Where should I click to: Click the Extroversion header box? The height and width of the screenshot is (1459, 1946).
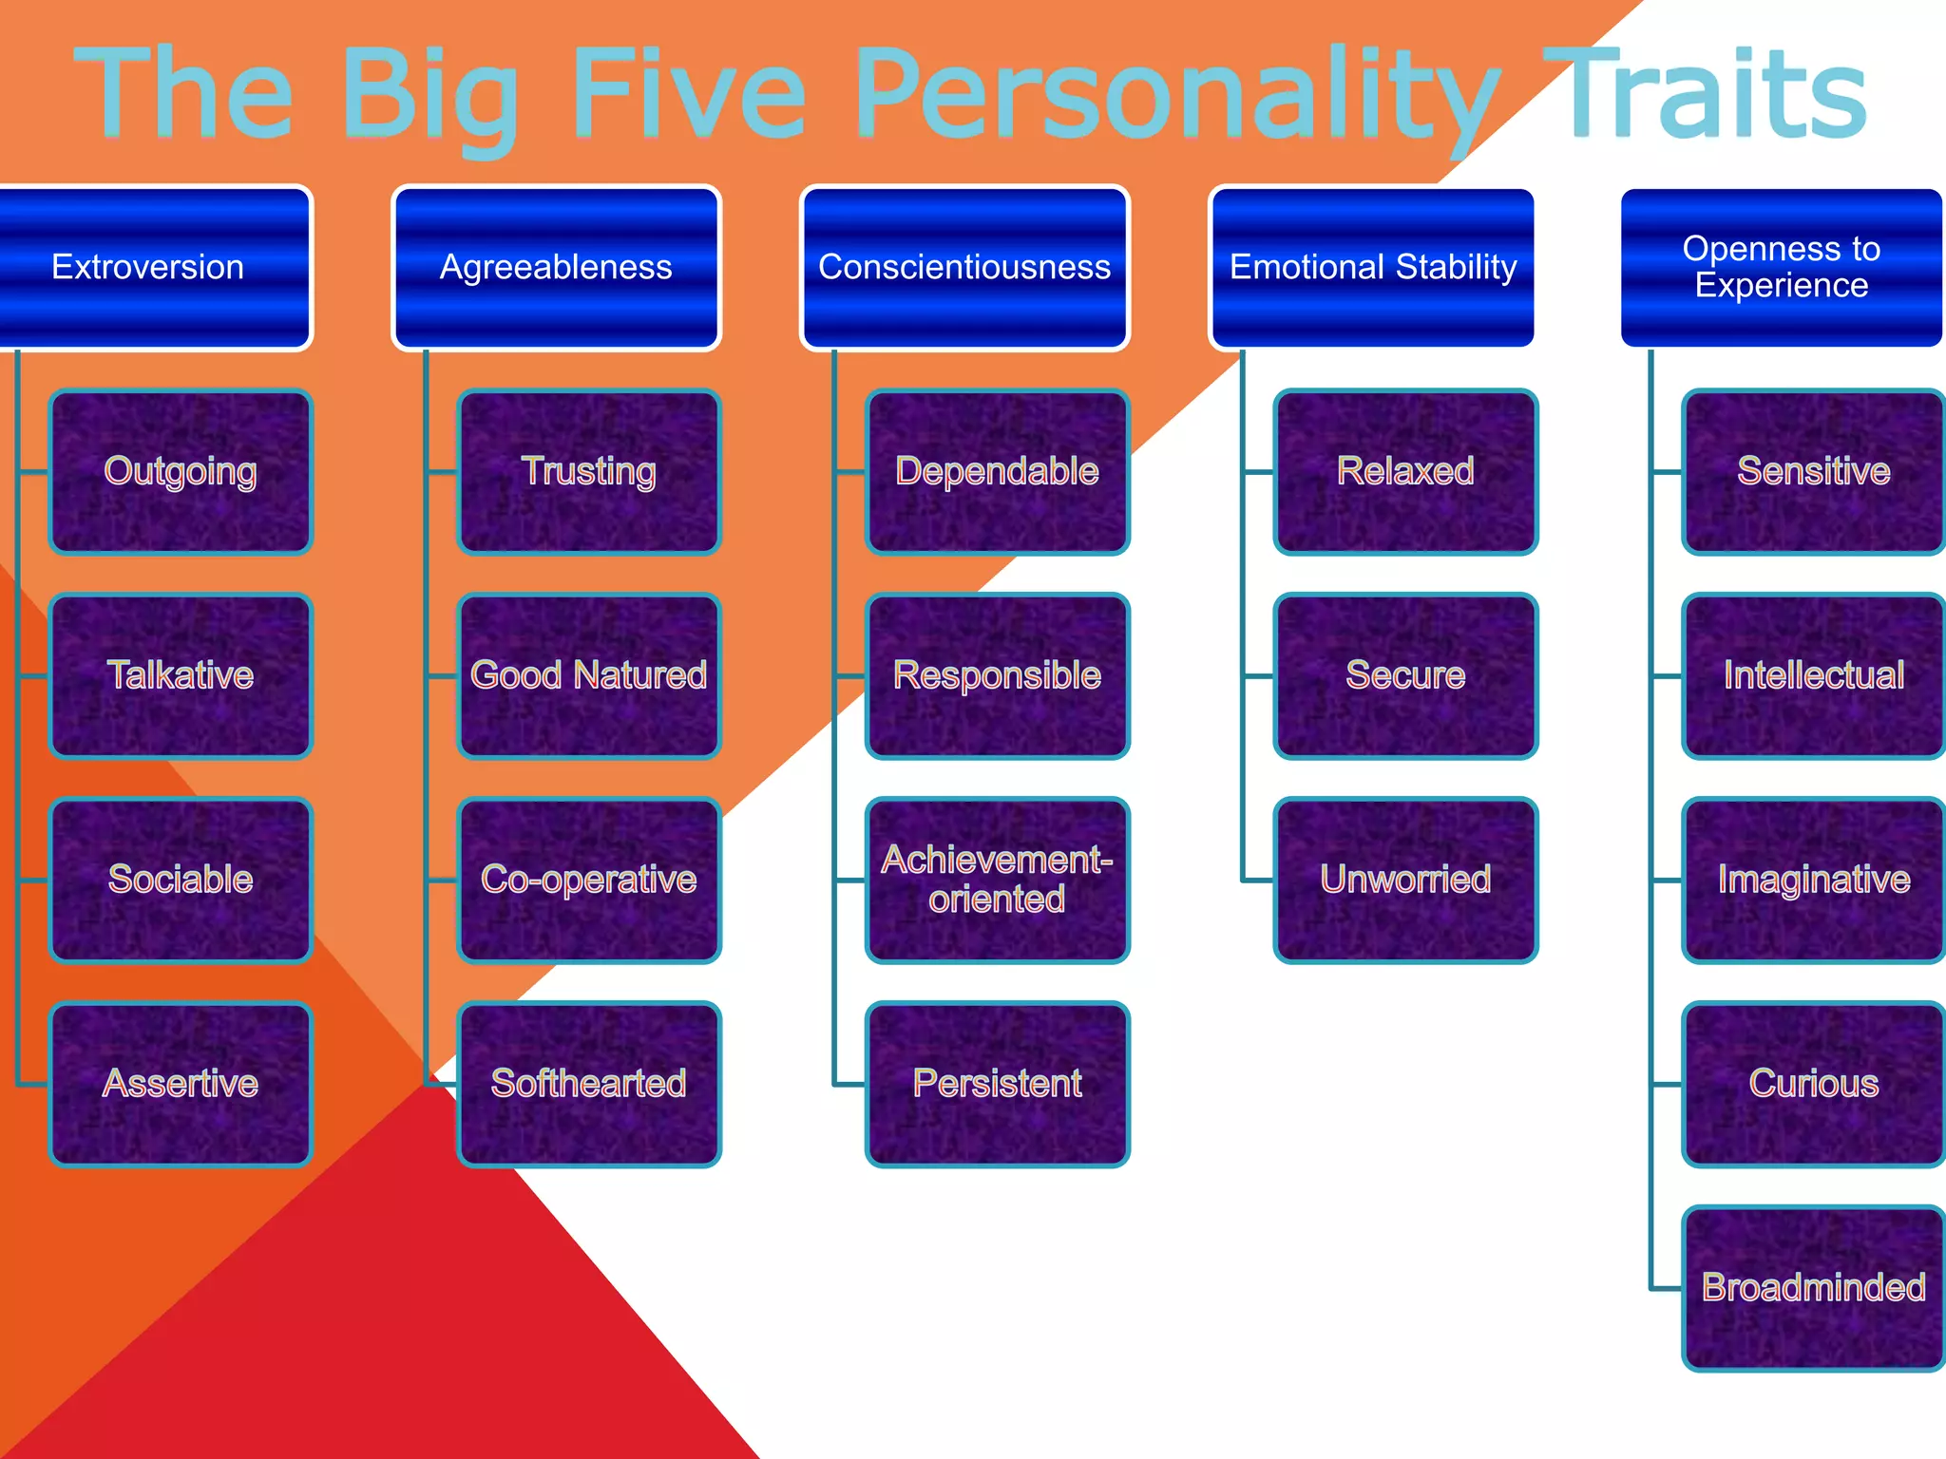[152, 268]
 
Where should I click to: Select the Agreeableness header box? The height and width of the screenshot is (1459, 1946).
[556, 268]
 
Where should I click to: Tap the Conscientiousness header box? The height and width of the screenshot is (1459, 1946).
[964, 268]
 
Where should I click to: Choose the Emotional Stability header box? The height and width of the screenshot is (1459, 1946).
[1373, 268]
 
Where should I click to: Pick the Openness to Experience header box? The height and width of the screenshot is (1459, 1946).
[1782, 268]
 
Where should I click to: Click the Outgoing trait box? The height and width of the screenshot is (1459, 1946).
[181, 472]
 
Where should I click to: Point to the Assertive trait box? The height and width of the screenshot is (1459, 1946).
[181, 1084]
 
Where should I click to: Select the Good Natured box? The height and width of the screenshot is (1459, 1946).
[589, 675]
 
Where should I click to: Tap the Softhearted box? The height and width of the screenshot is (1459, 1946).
[589, 1084]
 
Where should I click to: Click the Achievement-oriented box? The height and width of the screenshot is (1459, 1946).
[998, 880]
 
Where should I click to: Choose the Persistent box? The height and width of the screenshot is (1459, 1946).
[998, 1084]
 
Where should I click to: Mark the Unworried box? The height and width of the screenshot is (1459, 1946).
[1405, 880]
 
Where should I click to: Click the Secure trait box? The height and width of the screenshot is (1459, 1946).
[1405, 675]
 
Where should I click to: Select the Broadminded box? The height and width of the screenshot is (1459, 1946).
[1813, 1288]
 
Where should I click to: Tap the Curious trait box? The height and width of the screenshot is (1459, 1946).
[1813, 1084]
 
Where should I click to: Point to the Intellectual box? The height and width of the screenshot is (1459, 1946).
[1813, 675]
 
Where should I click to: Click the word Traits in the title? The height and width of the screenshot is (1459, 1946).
[1710, 95]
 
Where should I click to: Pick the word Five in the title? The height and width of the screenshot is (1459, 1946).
[689, 95]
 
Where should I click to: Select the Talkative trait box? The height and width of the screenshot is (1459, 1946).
[181, 675]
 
